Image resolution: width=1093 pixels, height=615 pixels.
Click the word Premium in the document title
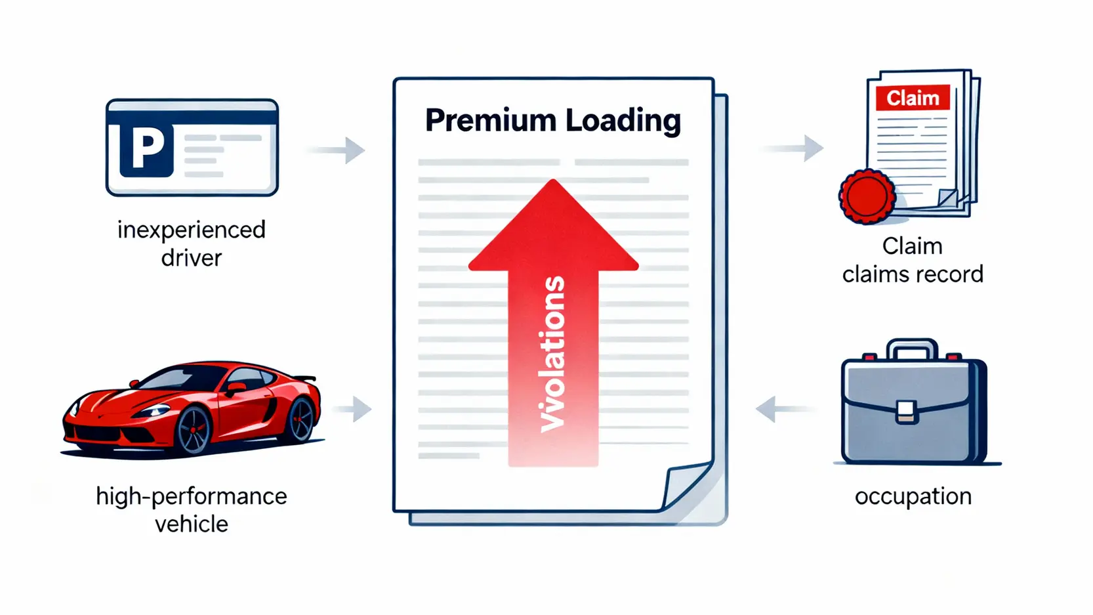click(x=490, y=121)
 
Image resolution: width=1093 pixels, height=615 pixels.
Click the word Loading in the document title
click(x=623, y=121)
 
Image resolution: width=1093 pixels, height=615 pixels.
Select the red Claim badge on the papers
click(x=913, y=98)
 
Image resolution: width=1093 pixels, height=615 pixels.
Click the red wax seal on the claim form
click(x=867, y=196)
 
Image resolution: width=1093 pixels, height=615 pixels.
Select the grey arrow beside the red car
click(x=354, y=409)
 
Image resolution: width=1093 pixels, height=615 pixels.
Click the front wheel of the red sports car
click(x=194, y=429)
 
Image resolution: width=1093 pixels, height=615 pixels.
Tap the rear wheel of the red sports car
click(x=300, y=418)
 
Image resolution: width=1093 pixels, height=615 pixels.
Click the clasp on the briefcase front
click(x=907, y=412)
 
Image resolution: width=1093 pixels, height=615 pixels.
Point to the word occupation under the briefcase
click(x=913, y=496)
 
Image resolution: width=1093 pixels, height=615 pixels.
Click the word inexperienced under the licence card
click(x=192, y=230)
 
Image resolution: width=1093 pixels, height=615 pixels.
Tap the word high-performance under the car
click(x=192, y=496)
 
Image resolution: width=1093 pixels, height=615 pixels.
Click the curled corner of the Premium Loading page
click(x=686, y=485)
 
